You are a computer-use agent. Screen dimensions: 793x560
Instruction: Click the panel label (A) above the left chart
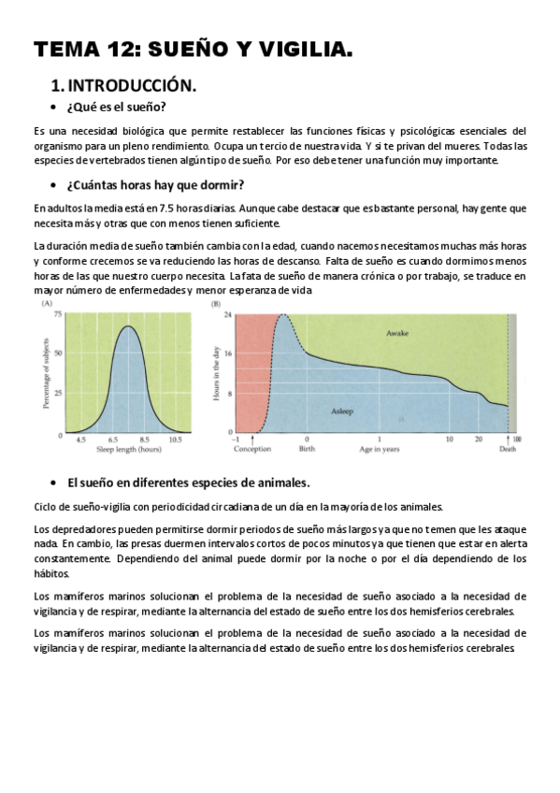pyautogui.click(x=46, y=305)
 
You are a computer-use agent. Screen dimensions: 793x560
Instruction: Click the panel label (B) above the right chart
pyautogui.click(x=216, y=305)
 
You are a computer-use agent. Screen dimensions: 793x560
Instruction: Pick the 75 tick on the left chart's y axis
pyautogui.click(x=57, y=314)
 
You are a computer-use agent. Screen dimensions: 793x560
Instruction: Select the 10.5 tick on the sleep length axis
pyautogui.click(x=174, y=440)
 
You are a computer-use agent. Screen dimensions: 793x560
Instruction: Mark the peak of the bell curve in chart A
pyautogui.click(x=129, y=326)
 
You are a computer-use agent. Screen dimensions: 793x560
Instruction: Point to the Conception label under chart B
pyautogui.click(x=251, y=449)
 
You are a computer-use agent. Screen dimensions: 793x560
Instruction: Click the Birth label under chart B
pyautogui.click(x=306, y=449)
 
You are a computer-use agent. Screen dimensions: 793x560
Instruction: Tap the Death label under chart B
pyautogui.click(x=508, y=449)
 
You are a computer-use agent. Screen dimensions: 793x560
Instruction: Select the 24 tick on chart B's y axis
pyautogui.click(x=227, y=314)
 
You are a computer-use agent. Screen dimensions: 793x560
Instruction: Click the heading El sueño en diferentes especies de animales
pyautogui.click(x=187, y=483)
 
